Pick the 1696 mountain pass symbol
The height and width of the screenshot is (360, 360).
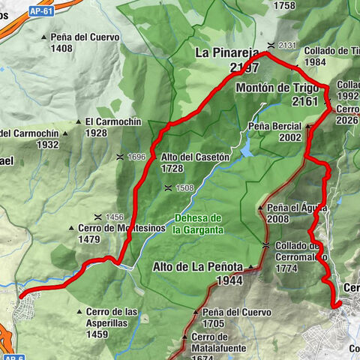click(x=120, y=157)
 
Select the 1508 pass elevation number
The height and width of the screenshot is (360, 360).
click(x=184, y=188)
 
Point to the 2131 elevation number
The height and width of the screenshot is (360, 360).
click(x=288, y=45)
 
